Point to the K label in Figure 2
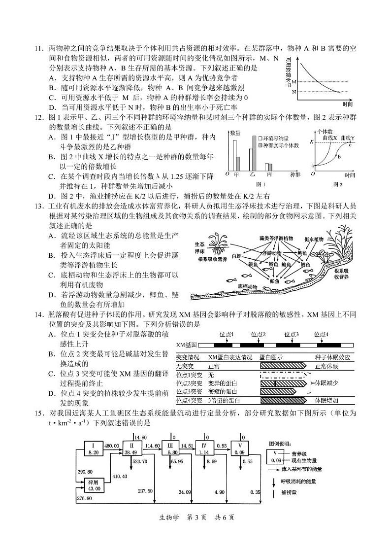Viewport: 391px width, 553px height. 311,142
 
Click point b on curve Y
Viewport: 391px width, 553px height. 339,157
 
